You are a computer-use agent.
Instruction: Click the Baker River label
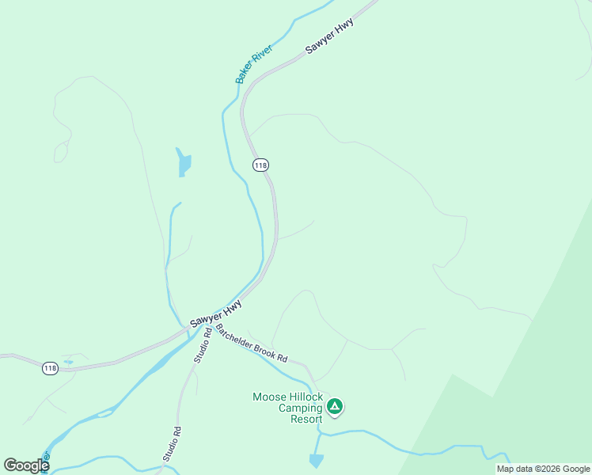click(x=254, y=65)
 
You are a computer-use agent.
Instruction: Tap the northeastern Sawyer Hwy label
click(x=329, y=36)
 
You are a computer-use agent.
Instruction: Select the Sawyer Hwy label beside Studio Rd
click(x=215, y=314)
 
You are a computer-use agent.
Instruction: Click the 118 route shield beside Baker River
click(x=260, y=165)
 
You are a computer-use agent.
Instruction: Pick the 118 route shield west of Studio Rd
click(x=50, y=369)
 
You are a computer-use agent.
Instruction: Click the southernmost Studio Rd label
click(x=173, y=444)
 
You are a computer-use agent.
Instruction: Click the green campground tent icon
click(x=335, y=406)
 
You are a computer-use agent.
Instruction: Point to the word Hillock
click(x=306, y=397)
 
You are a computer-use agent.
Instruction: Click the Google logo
click(x=26, y=465)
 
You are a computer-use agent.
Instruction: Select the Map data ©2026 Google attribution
click(x=543, y=469)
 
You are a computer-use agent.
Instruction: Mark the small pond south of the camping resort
click(x=317, y=460)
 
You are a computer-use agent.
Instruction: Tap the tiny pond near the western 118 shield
click(x=68, y=362)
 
